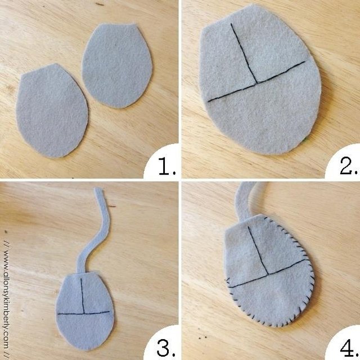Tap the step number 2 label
[348, 166]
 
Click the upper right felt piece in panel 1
[117, 65]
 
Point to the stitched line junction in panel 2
[257, 83]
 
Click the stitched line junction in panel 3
[84, 313]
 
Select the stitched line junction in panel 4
[268, 274]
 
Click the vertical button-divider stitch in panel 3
[83, 296]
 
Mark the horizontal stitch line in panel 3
[84, 313]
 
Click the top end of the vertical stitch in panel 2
[231, 24]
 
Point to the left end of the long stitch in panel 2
[209, 101]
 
